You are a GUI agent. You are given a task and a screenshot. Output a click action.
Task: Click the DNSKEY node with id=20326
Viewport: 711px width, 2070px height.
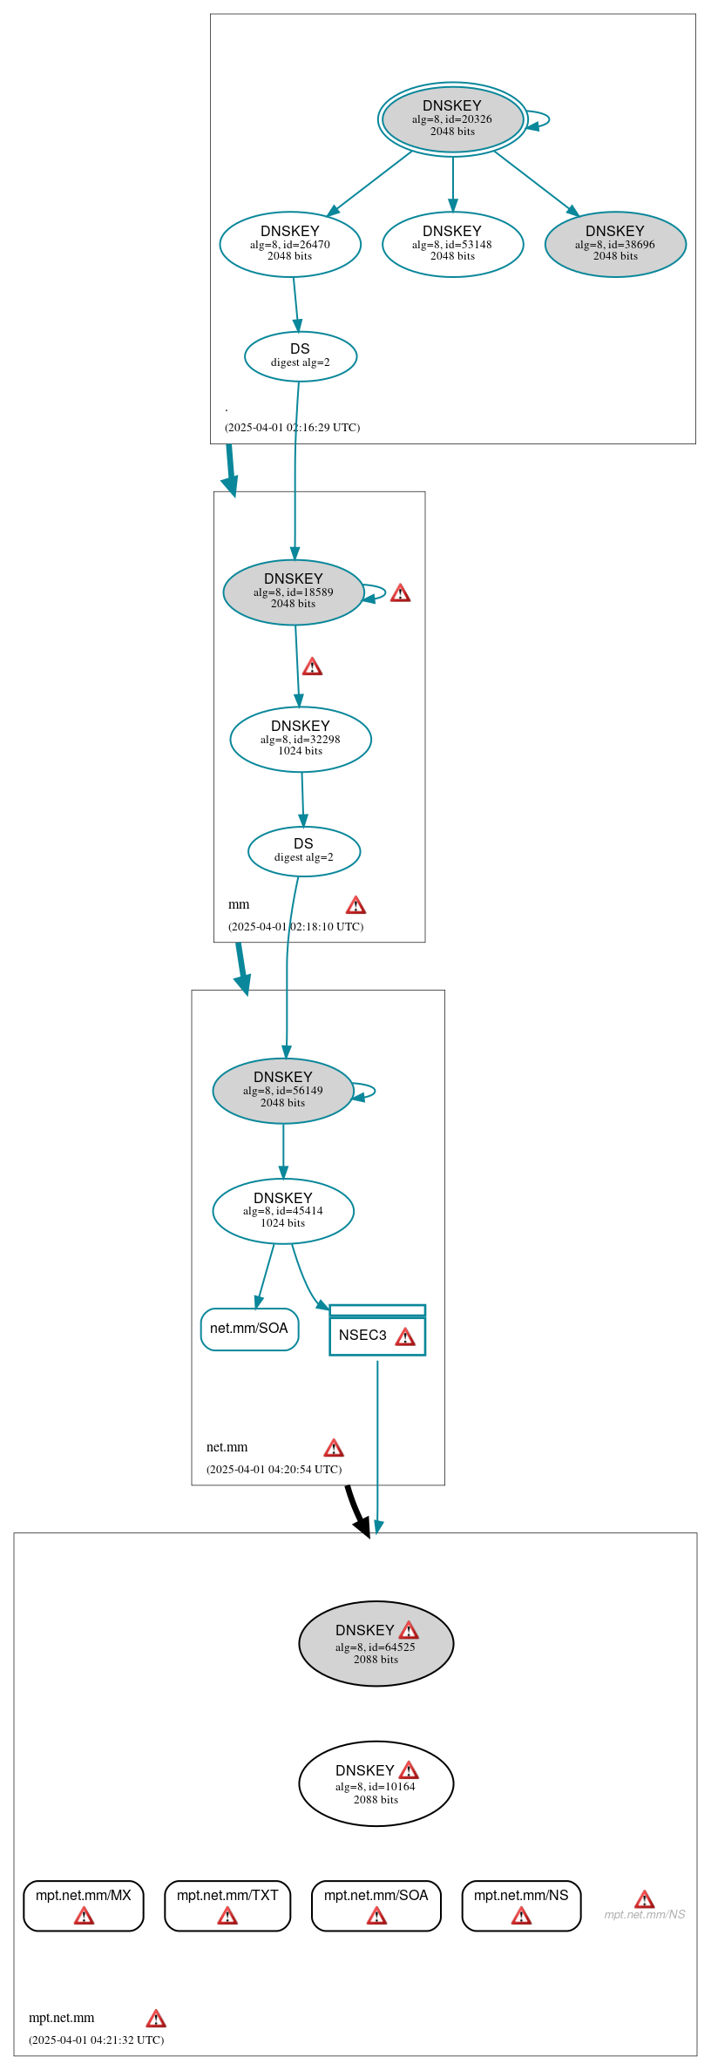click(452, 119)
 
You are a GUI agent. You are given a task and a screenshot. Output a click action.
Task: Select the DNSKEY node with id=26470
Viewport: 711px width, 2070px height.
click(290, 245)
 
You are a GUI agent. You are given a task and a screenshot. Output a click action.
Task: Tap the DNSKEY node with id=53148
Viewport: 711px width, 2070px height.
click(452, 245)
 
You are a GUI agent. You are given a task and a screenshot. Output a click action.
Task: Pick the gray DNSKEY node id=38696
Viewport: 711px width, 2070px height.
click(615, 245)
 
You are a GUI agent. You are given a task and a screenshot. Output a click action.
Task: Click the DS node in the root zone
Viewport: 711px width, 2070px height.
click(301, 356)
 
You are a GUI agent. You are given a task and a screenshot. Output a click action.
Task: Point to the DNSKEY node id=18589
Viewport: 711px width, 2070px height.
click(294, 592)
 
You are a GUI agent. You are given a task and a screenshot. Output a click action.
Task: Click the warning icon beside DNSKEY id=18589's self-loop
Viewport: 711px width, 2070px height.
click(400, 594)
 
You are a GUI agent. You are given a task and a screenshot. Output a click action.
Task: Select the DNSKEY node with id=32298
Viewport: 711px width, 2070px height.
click(301, 740)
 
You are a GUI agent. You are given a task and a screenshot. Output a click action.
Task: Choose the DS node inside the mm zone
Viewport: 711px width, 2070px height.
click(304, 851)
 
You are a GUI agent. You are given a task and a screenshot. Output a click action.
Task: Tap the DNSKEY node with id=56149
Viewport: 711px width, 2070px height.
click(283, 1091)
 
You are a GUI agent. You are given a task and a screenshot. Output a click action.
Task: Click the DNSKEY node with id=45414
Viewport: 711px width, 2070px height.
click(283, 1211)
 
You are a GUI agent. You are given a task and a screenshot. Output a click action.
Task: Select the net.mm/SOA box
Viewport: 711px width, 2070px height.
click(249, 1329)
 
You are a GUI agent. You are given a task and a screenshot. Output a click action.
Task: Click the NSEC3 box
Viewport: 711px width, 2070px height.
click(376, 1336)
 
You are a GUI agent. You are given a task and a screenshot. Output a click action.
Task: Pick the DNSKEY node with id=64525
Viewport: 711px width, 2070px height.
click(376, 1644)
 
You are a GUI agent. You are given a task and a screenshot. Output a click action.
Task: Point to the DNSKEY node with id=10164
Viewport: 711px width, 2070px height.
click(376, 1783)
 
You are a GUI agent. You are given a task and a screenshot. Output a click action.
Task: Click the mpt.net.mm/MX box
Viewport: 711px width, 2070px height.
click(84, 1905)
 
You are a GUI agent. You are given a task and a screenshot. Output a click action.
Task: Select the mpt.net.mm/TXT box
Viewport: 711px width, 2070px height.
click(227, 1905)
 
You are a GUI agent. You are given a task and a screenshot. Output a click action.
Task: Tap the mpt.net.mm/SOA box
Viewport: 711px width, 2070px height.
click(376, 1905)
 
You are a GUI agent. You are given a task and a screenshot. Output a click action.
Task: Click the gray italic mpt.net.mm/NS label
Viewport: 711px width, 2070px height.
click(645, 1914)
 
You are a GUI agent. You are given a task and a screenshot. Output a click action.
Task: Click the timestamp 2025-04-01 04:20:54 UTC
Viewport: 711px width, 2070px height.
click(274, 1469)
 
